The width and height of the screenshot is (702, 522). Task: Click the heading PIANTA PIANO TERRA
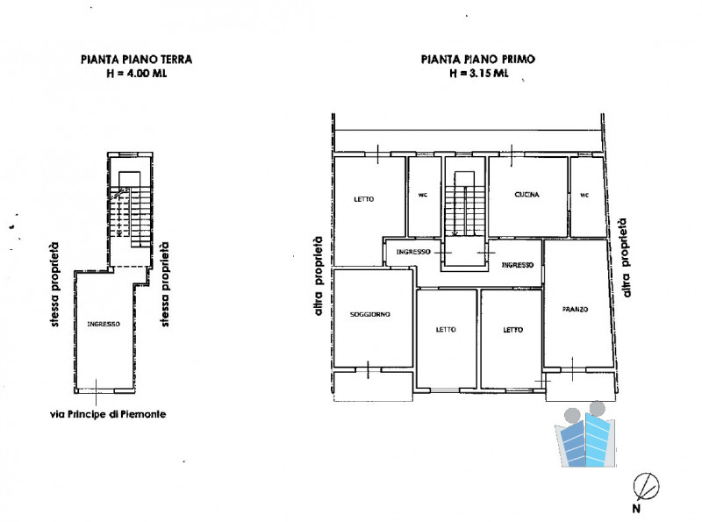pyautogui.click(x=137, y=60)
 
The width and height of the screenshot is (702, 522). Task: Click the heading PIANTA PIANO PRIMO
pyautogui.click(x=478, y=59)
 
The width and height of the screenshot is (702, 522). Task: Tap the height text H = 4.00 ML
pyautogui.click(x=137, y=74)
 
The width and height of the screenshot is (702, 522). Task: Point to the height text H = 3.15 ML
pyautogui.click(x=479, y=73)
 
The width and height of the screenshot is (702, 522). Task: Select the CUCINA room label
pyautogui.click(x=527, y=195)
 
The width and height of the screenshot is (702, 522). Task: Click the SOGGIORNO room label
pyautogui.click(x=369, y=314)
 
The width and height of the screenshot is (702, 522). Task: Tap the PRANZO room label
pyautogui.click(x=576, y=310)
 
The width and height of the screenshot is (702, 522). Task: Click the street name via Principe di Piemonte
pyautogui.click(x=108, y=415)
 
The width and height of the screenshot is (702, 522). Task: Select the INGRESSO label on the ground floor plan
pyautogui.click(x=104, y=324)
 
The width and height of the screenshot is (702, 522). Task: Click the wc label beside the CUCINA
pyautogui.click(x=584, y=195)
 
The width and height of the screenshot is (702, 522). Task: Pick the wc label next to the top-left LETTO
pyautogui.click(x=423, y=195)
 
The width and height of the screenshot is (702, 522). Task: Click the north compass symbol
pyautogui.click(x=646, y=487)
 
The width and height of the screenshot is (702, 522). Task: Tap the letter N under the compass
pyautogui.click(x=636, y=509)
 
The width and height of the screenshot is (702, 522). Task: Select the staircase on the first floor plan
pyautogui.click(x=465, y=204)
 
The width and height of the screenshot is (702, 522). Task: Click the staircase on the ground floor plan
pyautogui.click(x=130, y=211)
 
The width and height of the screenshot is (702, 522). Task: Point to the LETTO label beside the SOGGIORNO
pyautogui.click(x=446, y=330)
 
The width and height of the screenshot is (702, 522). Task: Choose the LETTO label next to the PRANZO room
pyautogui.click(x=513, y=330)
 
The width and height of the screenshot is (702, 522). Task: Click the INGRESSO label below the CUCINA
pyautogui.click(x=518, y=265)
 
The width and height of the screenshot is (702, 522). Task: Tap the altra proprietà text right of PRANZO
pyautogui.click(x=626, y=258)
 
